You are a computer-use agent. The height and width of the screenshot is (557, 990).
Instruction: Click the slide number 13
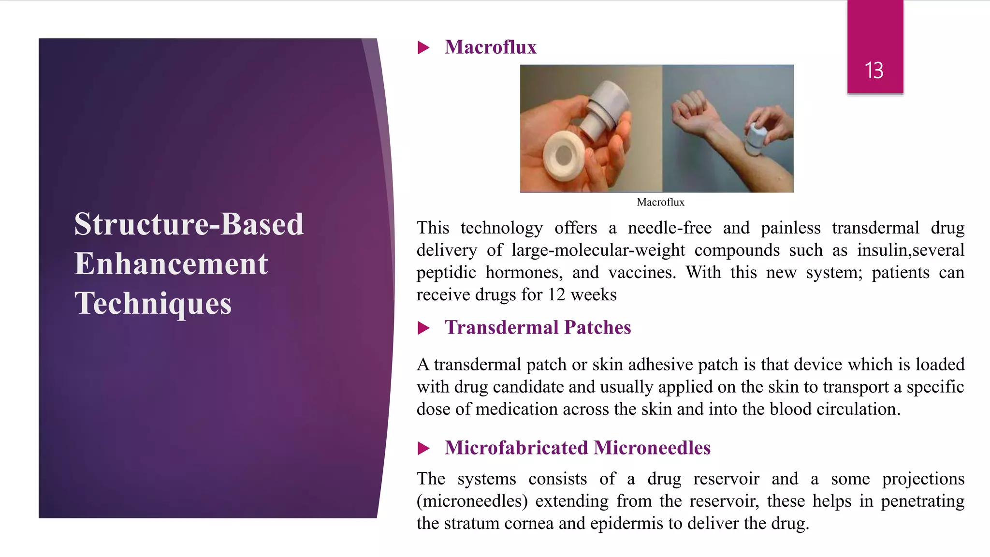point(874,71)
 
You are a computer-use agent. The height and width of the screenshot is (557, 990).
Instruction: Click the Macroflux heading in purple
point(490,47)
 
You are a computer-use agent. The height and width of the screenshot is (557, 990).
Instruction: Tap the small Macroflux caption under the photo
point(660,202)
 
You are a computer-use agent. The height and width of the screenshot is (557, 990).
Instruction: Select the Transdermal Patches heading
point(538,328)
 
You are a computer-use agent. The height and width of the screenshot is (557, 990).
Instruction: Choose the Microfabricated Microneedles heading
point(577,448)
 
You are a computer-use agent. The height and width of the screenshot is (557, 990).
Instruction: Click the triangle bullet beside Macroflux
point(423,48)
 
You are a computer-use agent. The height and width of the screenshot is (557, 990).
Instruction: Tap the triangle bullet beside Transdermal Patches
point(423,328)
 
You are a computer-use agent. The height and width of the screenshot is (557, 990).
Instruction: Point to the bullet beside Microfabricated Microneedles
point(423,448)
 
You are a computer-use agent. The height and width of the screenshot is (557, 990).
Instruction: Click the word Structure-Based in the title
point(189,224)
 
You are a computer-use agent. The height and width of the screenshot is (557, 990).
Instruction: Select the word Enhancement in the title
point(171,264)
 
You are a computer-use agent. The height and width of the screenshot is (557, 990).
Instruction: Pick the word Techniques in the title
point(153,304)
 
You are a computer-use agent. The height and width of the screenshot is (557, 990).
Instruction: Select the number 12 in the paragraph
point(556,295)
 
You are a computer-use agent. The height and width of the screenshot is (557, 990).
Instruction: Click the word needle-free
point(670,228)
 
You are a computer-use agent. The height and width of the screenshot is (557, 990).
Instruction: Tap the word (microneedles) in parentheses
point(472,501)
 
